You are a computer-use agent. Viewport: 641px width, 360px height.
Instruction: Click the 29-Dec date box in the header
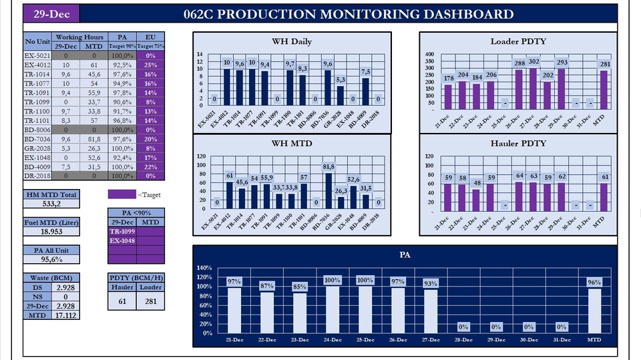point(51,14)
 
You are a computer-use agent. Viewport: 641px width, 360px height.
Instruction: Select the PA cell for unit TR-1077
point(122,84)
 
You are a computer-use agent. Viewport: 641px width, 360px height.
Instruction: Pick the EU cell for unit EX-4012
point(150,65)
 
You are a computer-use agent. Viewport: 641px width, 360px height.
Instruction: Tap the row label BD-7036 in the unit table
point(37,138)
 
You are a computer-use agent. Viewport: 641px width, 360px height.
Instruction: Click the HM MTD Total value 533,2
point(51,204)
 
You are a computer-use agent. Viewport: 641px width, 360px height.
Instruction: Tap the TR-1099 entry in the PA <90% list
point(122,231)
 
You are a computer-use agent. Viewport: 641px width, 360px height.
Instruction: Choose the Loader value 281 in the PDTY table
point(150,301)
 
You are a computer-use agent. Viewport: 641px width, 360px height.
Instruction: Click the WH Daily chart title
point(291,41)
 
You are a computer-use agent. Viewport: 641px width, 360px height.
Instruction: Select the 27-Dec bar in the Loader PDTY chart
point(533,87)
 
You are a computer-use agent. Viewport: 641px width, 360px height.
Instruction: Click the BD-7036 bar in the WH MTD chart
point(328,191)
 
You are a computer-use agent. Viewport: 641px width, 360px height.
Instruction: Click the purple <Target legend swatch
point(122,194)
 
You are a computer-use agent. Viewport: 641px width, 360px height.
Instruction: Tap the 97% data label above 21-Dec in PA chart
point(234,282)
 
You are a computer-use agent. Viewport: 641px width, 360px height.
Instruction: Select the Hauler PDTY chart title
point(518,144)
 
